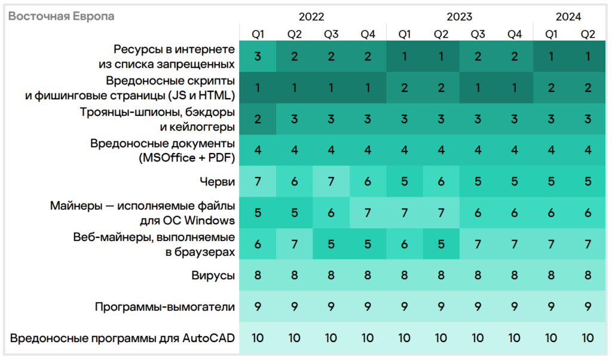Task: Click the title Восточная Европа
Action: pyautogui.click(x=61, y=16)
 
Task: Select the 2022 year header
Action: pyautogui.click(x=313, y=16)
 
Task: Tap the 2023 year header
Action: pyautogui.click(x=459, y=16)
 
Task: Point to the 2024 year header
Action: pyautogui.click(x=569, y=16)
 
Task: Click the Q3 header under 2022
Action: pyautogui.click(x=331, y=34)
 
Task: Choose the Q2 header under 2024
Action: pyautogui.click(x=587, y=34)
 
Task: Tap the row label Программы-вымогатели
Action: pyautogui.click(x=164, y=307)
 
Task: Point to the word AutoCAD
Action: pyautogui.click(x=210, y=338)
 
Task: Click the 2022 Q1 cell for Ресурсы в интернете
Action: pyautogui.click(x=258, y=57)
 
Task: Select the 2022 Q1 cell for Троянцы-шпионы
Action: pyautogui.click(x=258, y=119)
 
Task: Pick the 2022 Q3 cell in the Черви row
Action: pyautogui.click(x=331, y=182)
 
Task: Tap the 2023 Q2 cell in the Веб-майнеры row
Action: pyautogui.click(x=441, y=244)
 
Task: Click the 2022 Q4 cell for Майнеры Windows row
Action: pyautogui.click(x=368, y=213)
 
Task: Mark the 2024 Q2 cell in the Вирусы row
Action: pyautogui.click(x=587, y=276)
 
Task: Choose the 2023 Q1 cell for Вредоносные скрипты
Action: pyautogui.click(x=405, y=88)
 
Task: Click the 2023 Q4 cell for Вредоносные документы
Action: pyautogui.click(x=515, y=150)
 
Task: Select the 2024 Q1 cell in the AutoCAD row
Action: pyautogui.click(x=551, y=338)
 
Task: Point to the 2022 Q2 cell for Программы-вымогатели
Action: pyautogui.click(x=294, y=307)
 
